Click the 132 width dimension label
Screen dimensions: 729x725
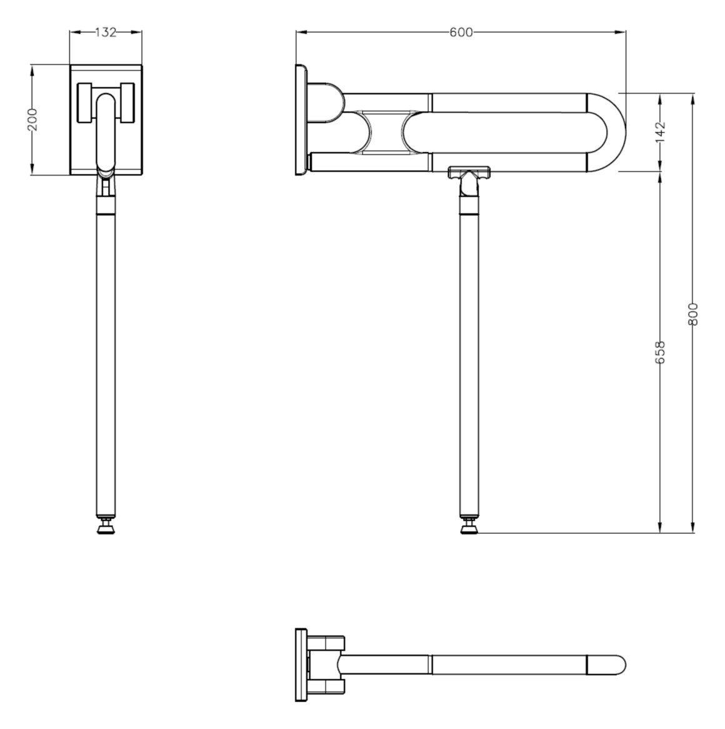pyautogui.click(x=106, y=33)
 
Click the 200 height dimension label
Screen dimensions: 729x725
pyautogui.click(x=32, y=119)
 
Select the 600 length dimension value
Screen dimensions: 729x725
pyautogui.click(x=461, y=33)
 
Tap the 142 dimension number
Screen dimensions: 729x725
pyautogui.click(x=661, y=132)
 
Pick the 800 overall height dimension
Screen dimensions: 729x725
pyautogui.click(x=692, y=313)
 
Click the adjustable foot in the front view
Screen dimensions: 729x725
pyautogui.click(x=106, y=528)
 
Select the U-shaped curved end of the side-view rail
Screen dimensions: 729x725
pyautogui.click(x=609, y=132)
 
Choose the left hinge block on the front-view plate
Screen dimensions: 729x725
pyautogui.click(x=84, y=103)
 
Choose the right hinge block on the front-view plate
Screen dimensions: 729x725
pyautogui.click(x=128, y=103)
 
